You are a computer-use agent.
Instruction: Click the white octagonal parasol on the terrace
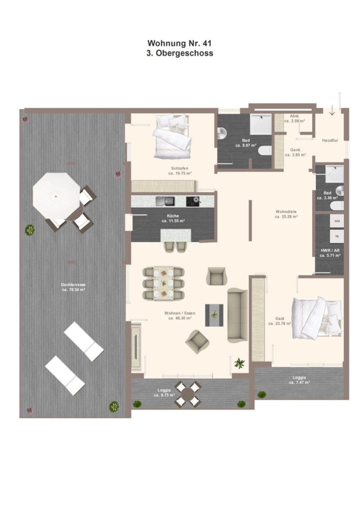click(57, 195)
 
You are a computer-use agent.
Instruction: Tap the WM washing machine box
click(337, 221)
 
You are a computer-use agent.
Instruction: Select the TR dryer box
click(337, 237)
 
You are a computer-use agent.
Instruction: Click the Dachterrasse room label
click(73, 284)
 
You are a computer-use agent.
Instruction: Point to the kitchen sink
click(165, 202)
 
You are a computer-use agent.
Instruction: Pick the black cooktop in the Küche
click(193, 202)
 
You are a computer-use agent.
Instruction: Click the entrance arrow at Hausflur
click(332, 111)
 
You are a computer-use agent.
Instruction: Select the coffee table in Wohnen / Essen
click(214, 315)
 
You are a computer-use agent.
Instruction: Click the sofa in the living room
click(238, 315)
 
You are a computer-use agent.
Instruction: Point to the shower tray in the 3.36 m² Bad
click(334, 174)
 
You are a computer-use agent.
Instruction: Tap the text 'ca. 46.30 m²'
click(180, 318)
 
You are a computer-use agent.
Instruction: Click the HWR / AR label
click(330, 251)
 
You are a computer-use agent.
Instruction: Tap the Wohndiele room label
click(286, 212)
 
